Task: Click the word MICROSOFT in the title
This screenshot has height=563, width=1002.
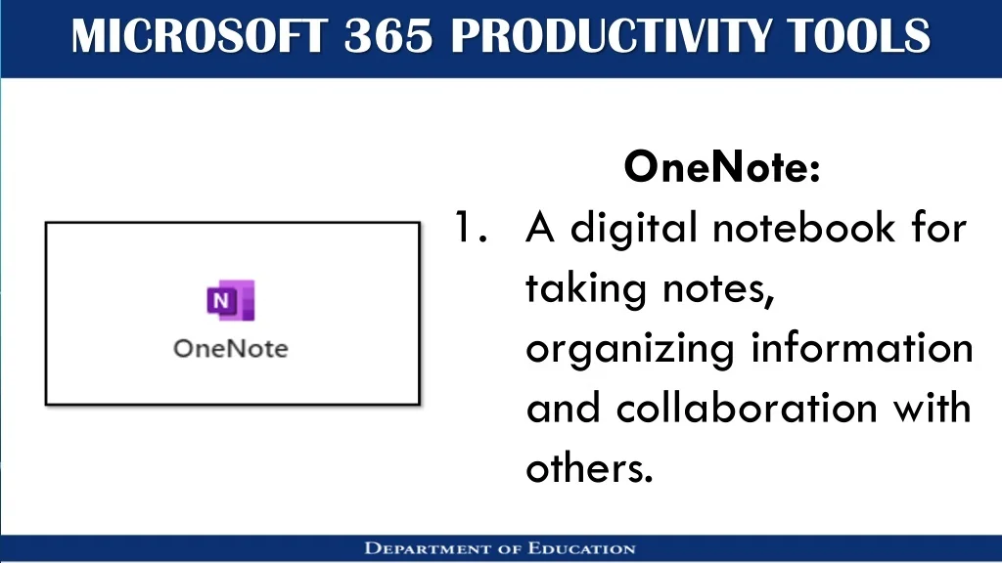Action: pyautogui.click(x=200, y=36)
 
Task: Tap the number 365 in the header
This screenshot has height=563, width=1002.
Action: pyautogui.click(x=388, y=36)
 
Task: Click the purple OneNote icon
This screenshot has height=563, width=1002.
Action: pyautogui.click(x=231, y=300)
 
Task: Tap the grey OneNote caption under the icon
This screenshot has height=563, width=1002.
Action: pyautogui.click(x=231, y=349)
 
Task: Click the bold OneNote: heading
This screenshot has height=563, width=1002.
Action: pyautogui.click(x=721, y=166)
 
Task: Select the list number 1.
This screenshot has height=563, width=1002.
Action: pyautogui.click(x=471, y=227)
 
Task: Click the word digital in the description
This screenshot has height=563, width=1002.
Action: pyautogui.click(x=634, y=229)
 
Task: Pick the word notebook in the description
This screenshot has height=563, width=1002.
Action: pyautogui.click(x=804, y=227)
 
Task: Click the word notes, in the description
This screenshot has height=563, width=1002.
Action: pyautogui.click(x=718, y=289)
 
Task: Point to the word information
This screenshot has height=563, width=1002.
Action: pyautogui.click(x=862, y=348)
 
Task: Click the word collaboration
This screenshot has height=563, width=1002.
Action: pyautogui.click(x=747, y=408)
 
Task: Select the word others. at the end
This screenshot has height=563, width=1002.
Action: pyautogui.click(x=589, y=468)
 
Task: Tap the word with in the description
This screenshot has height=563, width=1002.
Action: pyautogui.click(x=932, y=408)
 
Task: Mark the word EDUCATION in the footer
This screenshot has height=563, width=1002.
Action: pyautogui.click(x=582, y=548)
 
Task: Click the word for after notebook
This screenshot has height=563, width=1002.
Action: pyautogui.click(x=938, y=227)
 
